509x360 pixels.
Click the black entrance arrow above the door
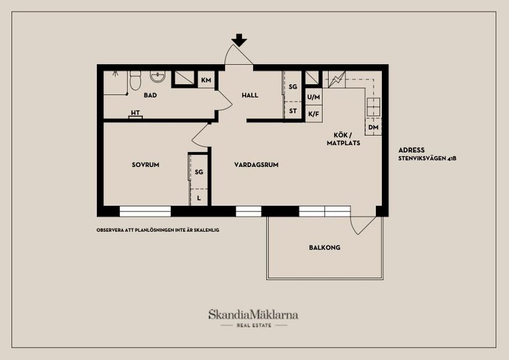click(x=239, y=41)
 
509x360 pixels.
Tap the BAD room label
click(x=150, y=96)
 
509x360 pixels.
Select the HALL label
click(x=250, y=96)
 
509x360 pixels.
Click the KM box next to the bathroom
click(x=206, y=80)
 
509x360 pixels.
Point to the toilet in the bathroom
click(x=136, y=80)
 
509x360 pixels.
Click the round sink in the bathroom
click(x=159, y=77)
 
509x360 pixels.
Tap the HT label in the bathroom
click(x=134, y=113)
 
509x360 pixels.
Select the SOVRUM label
click(x=146, y=165)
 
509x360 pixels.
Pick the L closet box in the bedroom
click(x=199, y=198)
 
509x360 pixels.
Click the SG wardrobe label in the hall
click(x=293, y=88)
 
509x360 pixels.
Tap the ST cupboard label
click(x=293, y=112)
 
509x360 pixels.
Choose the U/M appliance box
click(x=313, y=97)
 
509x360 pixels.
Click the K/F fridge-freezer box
click(x=313, y=114)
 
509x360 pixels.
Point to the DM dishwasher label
click(x=373, y=128)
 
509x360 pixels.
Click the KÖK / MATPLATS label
click(x=343, y=139)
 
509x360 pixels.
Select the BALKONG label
click(x=325, y=248)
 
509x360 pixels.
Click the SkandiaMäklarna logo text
click(x=254, y=314)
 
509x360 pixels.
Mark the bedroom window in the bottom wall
click(x=144, y=211)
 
